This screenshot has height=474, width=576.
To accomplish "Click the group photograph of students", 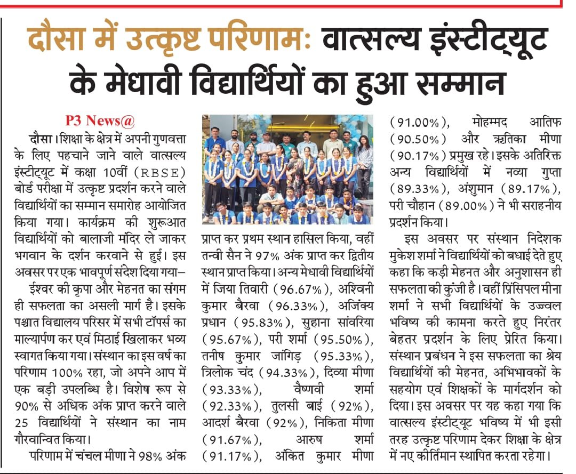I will (x=287, y=169).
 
